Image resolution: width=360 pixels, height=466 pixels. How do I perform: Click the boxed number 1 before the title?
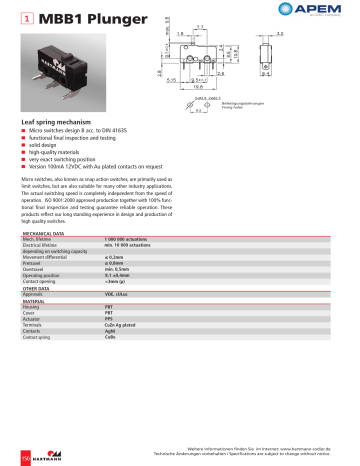pos(25,19)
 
